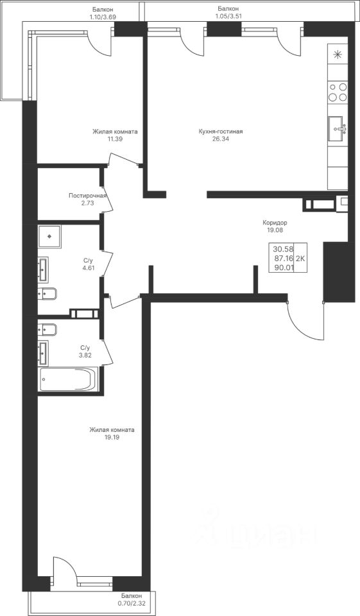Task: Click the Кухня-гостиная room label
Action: pyautogui.click(x=221, y=132)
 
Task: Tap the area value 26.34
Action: pyautogui.click(x=221, y=139)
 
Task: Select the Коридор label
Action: pyautogui.click(x=275, y=223)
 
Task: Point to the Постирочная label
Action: pyautogui.click(x=88, y=196)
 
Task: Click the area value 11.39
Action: pyautogui.click(x=115, y=139)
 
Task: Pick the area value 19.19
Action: pyautogui.click(x=112, y=437)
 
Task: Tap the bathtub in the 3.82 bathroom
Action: pyautogui.click(x=68, y=379)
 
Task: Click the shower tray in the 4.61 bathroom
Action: pyautogui.click(x=49, y=237)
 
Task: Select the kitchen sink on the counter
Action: pyautogui.click(x=338, y=128)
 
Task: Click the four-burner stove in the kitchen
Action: pyautogui.click(x=338, y=92)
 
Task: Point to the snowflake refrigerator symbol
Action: pyautogui.click(x=338, y=55)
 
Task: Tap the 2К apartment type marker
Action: pyautogui.click(x=301, y=258)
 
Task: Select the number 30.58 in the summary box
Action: pyautogui.click(x=282, y=249)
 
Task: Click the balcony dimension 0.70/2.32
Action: pyautogui.click(x=132, y=603)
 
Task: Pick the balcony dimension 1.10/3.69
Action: pyautogui.click(x=102, y=17)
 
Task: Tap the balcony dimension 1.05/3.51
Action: pyautogui.click(x=228, y=16)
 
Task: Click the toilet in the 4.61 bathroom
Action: pyautogui.click(x=47, y=293)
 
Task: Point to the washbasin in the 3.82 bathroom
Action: pyautogui.click(x=43, y=352)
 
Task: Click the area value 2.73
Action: pyautogui.click(x=88, y=203)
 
